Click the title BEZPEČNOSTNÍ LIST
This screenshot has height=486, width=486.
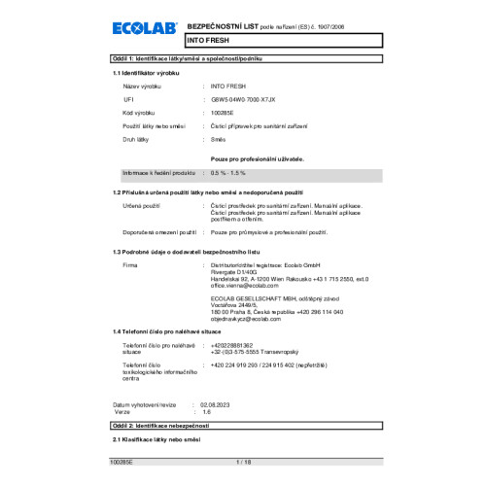tap(223, 21)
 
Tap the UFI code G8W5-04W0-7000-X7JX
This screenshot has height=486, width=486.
tap(243, 100)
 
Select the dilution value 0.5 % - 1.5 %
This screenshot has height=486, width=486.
tap(228, 172)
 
